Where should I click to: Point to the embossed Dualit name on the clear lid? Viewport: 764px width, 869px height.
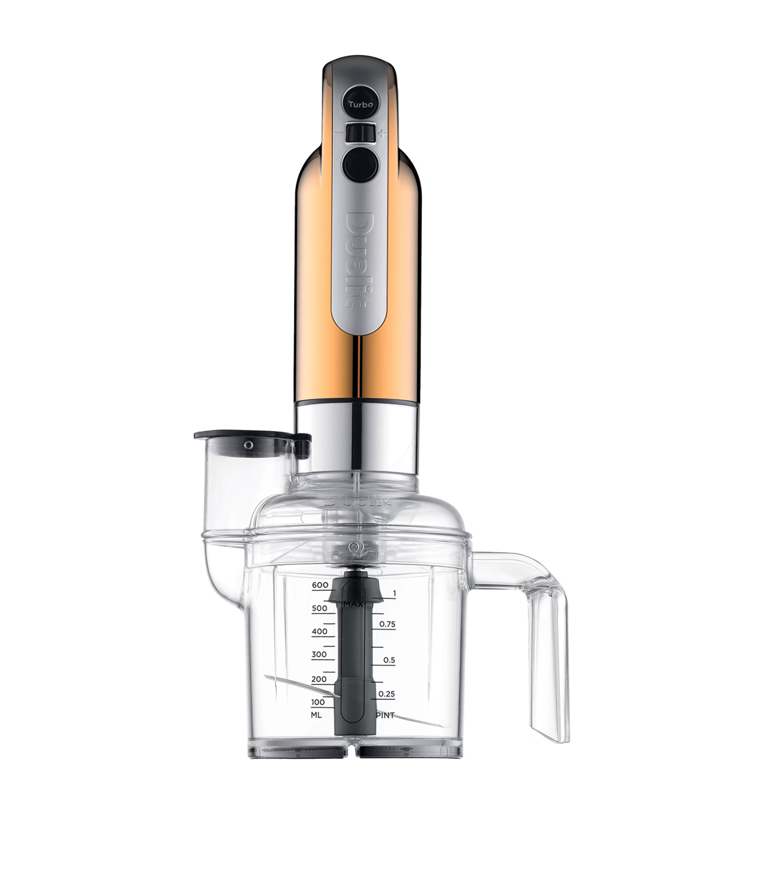pos(358,500)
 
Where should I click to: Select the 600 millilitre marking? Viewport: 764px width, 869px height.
pos(320,585)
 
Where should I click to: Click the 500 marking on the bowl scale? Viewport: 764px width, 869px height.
pos(320,609)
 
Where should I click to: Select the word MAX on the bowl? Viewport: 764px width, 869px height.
pos(353,604)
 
